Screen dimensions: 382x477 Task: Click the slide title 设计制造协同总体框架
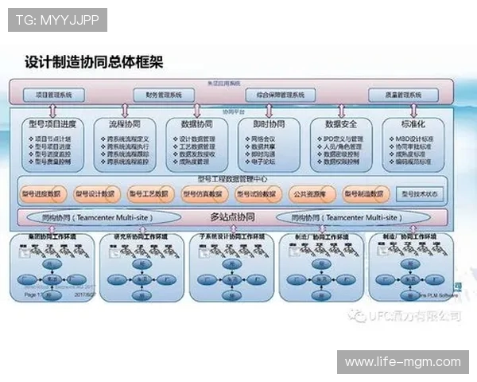pos(94,61)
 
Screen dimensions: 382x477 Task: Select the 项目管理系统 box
pos(54,95)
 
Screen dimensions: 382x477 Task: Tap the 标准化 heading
pos(408,125)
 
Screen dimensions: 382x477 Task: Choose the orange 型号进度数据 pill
pos(41,193)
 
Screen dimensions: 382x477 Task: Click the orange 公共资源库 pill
pos(309,193)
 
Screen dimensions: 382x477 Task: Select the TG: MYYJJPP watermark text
pos(57,20)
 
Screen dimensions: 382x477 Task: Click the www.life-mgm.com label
pos(402,362)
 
